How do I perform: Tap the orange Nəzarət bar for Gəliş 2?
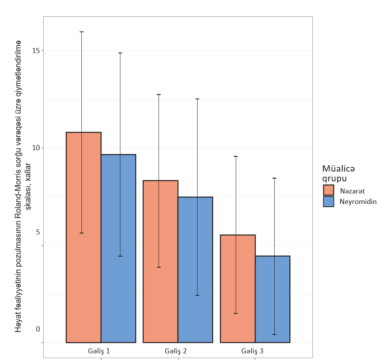coord(161,261)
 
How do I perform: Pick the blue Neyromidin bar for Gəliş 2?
coord(195,270)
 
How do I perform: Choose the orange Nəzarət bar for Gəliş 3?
coord(238,289)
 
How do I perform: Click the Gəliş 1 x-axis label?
coord(99,351)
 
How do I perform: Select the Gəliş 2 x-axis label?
coord(176,351)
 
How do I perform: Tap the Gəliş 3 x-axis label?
coord(252,351)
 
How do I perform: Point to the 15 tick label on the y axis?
coord(35,51)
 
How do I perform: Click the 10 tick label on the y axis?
coord(35,148)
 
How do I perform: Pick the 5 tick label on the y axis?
coord(38,232)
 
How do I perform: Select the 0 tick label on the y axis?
coord(38,329)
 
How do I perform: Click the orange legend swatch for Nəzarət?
coord(329,190)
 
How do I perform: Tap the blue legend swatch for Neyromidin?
coord(329,201)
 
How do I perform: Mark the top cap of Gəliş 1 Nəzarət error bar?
coord(82,32)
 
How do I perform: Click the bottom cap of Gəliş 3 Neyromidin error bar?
coord(274,334)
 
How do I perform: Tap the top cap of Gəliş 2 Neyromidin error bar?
coord(197,99)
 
